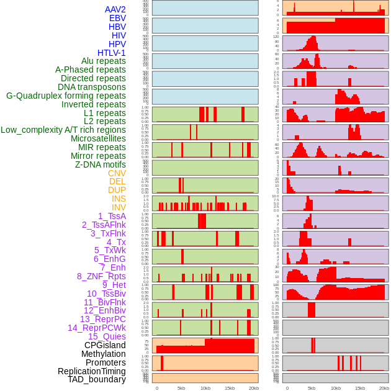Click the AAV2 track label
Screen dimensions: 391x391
(x=115, y=10)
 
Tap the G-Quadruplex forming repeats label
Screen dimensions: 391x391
(x=66, y=96)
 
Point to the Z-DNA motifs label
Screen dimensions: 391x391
(x=100, y=164)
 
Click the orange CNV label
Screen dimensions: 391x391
(x=117, y=173)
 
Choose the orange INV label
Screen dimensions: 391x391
(x=119, y=207)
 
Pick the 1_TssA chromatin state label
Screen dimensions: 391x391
(x=112, y=216)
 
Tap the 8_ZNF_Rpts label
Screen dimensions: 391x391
(x=101, y=276)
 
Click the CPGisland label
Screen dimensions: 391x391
(x=105, y=345)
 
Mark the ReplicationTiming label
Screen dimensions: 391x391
(x=91, y=371)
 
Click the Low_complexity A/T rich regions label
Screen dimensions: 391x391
(x=63, y=130)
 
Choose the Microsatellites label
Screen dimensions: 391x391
(x=98, y=138)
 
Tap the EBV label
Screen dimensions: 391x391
(x=117, y=19)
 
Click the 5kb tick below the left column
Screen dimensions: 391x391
(x=181, y=388)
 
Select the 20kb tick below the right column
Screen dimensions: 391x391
(x=384, y=388)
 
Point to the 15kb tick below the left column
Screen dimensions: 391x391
(x=230, y=388)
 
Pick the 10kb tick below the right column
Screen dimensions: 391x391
(x=336, y=388)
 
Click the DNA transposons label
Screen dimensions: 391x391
(x=92, y=87)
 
